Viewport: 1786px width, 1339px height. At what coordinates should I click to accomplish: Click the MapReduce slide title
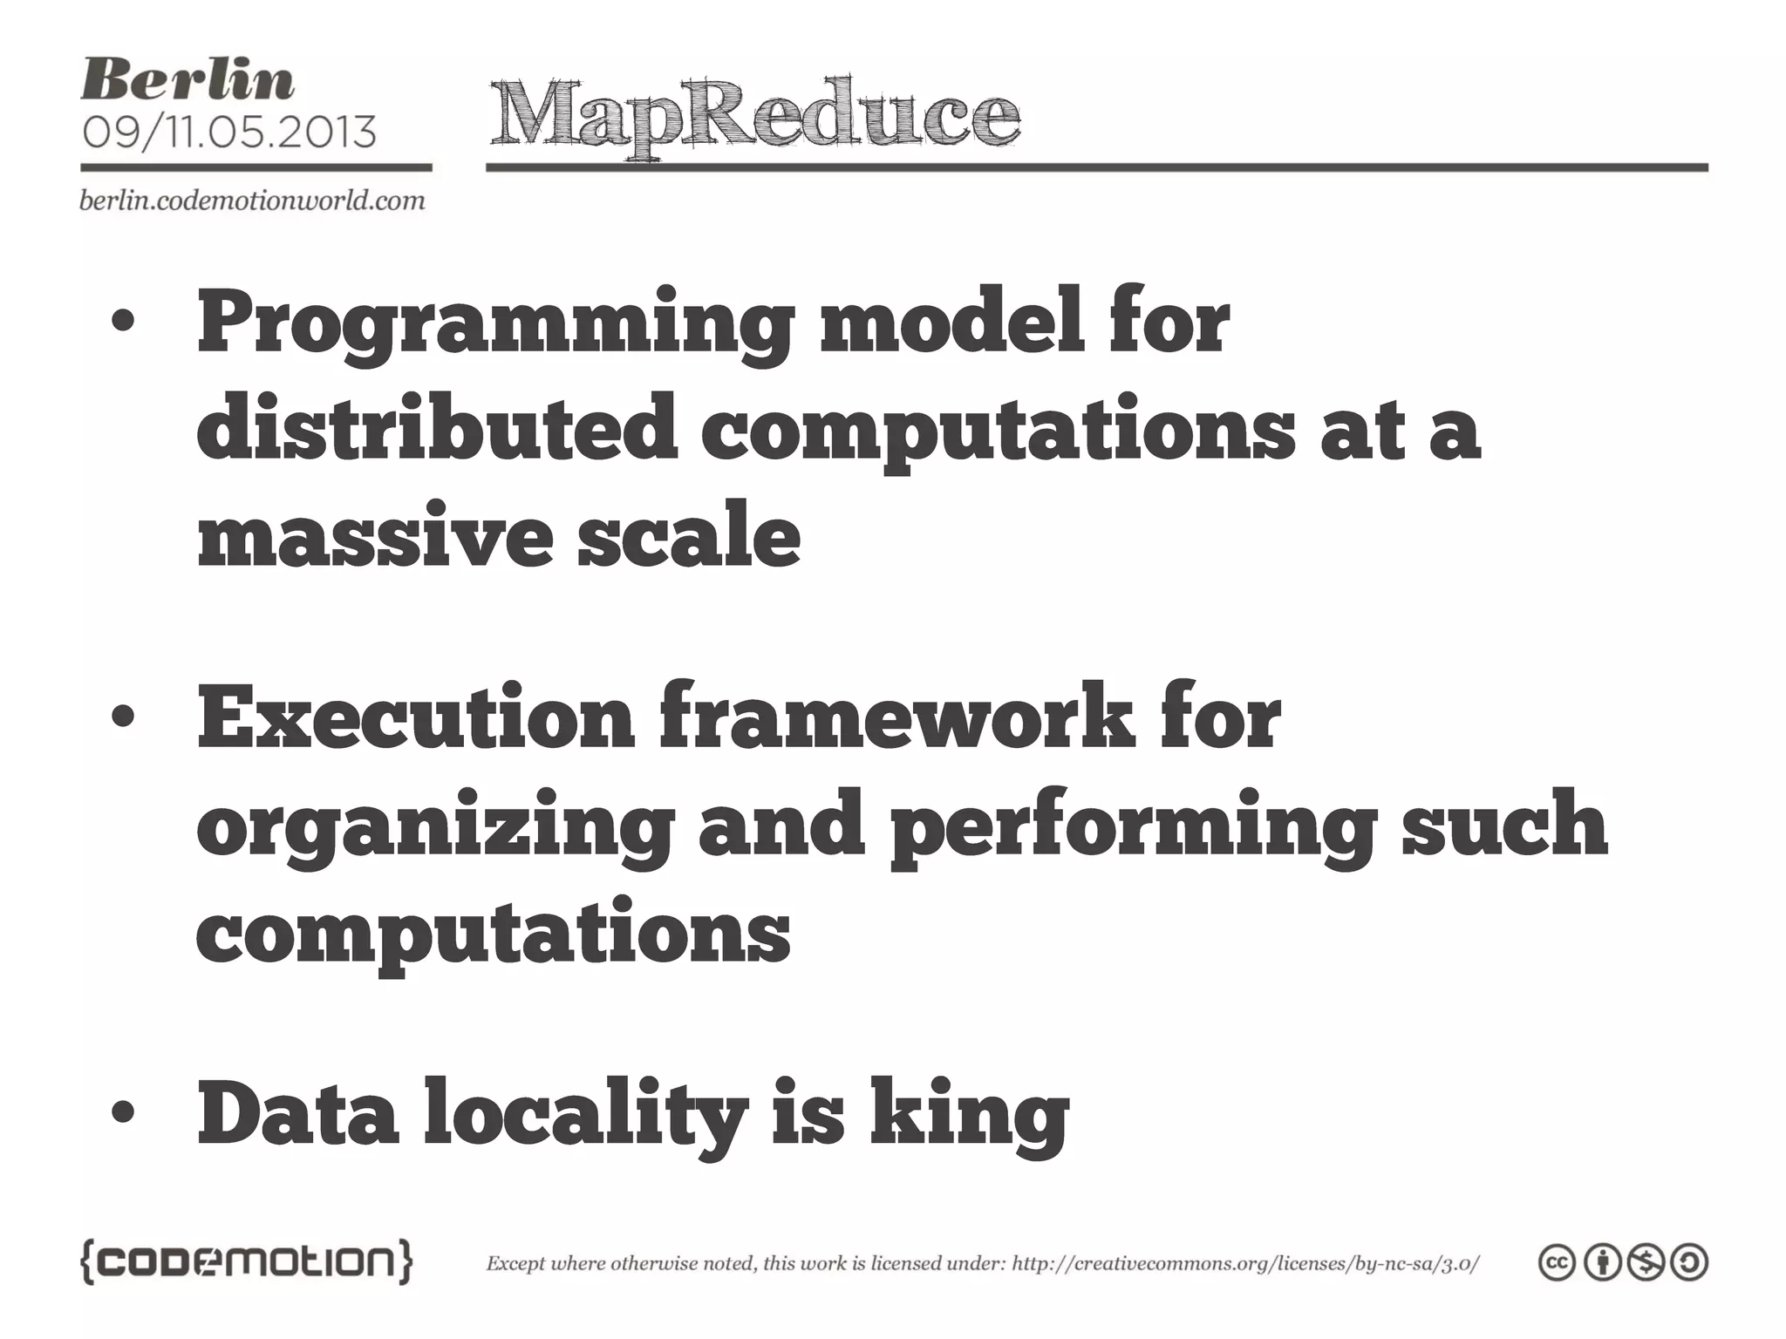tap(754, 118)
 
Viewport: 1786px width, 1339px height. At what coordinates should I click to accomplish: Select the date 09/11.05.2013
tap(229, 133)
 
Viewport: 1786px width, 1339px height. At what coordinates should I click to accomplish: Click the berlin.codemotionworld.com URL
tap(252, 201)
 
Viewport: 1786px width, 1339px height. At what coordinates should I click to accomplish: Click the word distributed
tap(437, 427)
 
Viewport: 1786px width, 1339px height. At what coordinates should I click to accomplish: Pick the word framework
tap(897, 719)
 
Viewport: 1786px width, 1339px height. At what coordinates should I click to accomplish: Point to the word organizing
tap(435, 828)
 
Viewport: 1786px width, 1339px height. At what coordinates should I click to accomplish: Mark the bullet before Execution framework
tap(123, 717)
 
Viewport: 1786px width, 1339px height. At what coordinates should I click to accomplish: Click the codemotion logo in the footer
tap(247, 1263)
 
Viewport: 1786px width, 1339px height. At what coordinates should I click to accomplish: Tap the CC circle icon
tap(1558, 1263)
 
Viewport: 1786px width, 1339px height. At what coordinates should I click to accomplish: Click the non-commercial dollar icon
tap(1646, 1263)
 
